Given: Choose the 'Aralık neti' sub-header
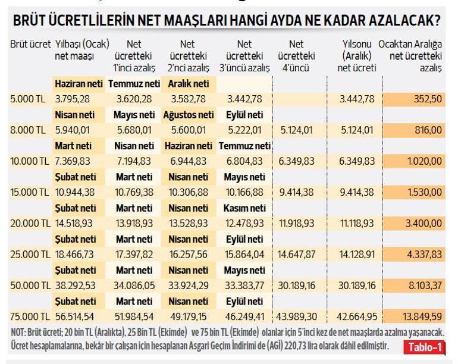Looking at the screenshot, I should coord(189,83).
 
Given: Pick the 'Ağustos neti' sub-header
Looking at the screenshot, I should coord(189,114).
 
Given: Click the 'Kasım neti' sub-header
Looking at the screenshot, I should coord(244,208).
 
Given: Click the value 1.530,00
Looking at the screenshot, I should coord(425,192).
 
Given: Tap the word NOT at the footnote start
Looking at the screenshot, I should coord(19,332).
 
